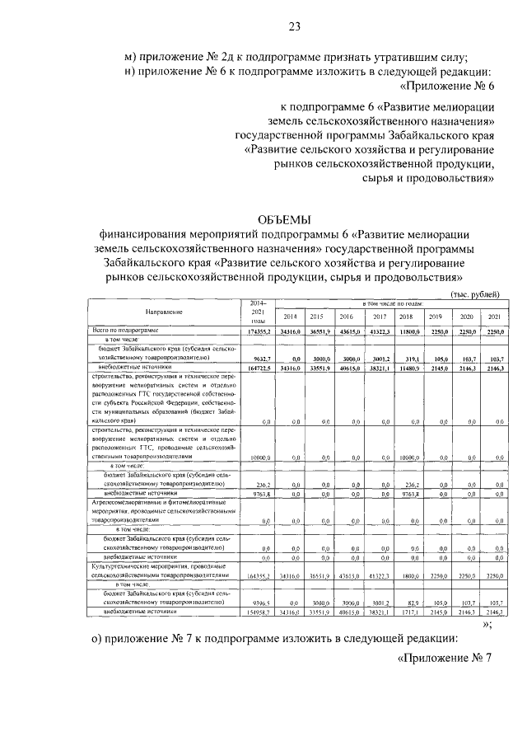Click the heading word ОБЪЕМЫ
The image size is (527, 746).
285,218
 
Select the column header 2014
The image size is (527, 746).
290,317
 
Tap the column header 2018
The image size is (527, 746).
405,317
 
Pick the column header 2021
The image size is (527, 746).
495,317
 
